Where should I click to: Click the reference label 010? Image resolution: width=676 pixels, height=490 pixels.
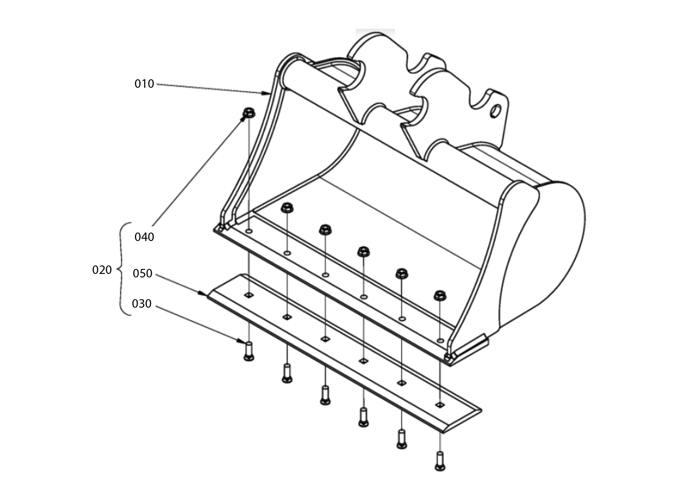point(144,84)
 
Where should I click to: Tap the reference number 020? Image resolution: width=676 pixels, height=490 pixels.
point(102,270)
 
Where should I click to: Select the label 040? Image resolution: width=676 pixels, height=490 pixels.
point(144,237)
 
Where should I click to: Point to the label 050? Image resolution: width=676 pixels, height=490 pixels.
point(143,274)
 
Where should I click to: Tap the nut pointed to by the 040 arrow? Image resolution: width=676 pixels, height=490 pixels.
point(248,113)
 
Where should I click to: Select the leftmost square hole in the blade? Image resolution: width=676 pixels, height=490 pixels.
point(249,295)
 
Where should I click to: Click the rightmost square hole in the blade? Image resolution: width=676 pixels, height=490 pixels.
point(440,405)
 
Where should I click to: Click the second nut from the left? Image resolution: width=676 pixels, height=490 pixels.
point(287,208)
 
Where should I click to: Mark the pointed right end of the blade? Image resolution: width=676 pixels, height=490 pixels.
point(481,410)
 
